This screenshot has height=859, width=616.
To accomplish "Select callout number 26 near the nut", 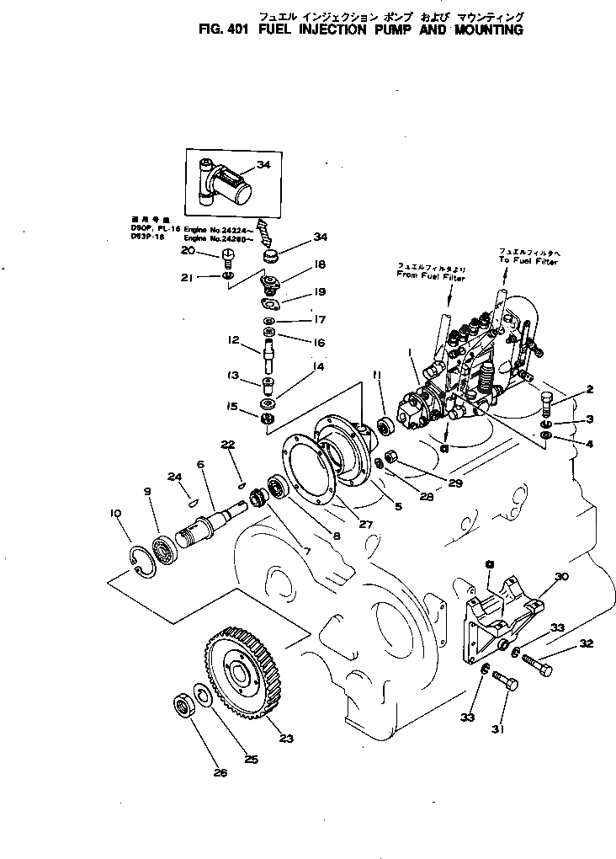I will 220,772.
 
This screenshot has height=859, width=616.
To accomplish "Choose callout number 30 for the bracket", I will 562,576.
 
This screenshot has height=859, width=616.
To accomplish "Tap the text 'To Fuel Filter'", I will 528,262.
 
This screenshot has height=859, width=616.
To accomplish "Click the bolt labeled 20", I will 226,255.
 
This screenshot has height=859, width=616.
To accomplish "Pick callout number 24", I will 175,478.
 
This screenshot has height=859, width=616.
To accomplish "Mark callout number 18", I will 320,264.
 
